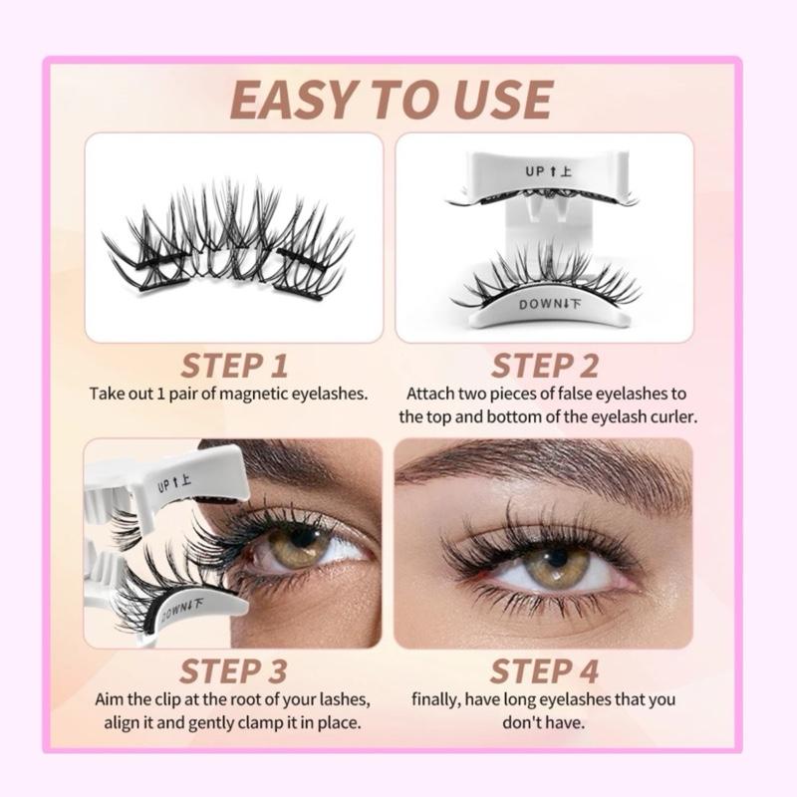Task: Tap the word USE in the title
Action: click(x=497, y=100)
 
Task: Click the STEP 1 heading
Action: click(x=234, y=366)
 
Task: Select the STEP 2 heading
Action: click(x=544, y=366)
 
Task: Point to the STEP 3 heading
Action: click(x=233, y=670)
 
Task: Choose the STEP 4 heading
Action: click(x=544, y=670)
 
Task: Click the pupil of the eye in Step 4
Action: click(x=558, y=558)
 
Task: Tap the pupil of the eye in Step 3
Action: click(x=306, y=538)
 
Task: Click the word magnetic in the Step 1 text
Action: click(x=257, y=394)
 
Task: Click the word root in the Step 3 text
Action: click(x=245, y=699)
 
